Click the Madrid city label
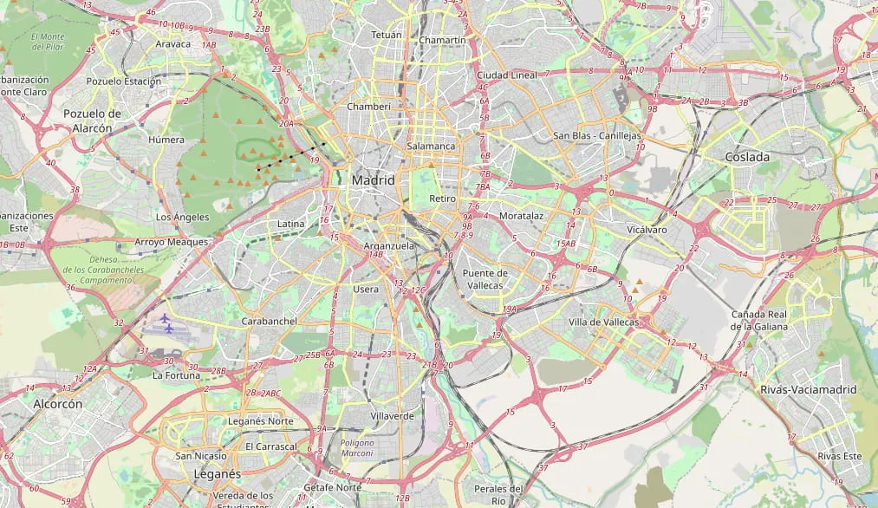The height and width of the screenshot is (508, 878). coord(373,180)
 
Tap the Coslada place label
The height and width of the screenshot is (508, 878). coord(746,157)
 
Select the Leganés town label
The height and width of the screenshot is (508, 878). coord(217,474)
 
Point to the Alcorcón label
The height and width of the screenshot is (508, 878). coord(58,404)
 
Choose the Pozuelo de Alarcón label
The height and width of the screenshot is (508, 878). coord(92,120)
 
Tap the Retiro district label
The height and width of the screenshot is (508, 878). coord(442,199)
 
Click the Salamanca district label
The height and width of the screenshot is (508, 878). coord(431,146)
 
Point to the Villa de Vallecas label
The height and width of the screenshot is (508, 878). coord(603,322)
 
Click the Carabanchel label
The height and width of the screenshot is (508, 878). coord(270,321)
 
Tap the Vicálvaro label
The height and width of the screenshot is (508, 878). coord(647,230)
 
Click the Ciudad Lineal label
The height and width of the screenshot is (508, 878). coord(507,75)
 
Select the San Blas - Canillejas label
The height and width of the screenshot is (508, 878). coord(597,136)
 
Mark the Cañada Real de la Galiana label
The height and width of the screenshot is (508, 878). coord(759,320)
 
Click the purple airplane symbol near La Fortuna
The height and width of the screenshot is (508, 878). coord(166,322)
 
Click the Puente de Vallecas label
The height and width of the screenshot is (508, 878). coord(485,278)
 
